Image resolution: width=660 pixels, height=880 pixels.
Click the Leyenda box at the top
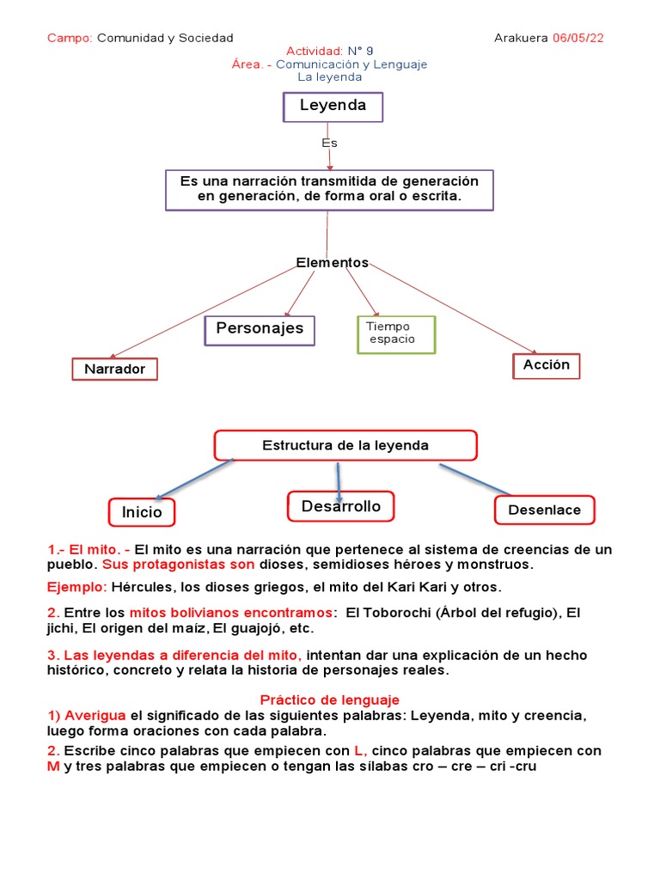[x=333, y=107]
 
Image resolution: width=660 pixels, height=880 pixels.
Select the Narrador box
[x=114, y=370]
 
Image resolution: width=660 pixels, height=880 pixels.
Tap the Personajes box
[x=260, y=329]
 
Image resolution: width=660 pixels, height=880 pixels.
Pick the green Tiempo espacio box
[x=396, y=333]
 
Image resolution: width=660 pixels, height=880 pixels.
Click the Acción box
[x=546, y=365]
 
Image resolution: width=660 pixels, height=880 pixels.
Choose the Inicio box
[x=142, y=512]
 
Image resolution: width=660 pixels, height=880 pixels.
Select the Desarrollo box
[x=340, y=507]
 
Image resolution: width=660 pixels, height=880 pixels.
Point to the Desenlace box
[x=544, y=510]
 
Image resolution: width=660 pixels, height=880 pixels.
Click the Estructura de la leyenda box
[x=345, y=445]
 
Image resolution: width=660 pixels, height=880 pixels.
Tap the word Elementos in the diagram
[x=332, y=263]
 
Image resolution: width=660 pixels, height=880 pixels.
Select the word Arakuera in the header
[x=522, y=38]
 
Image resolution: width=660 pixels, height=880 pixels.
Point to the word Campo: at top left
[x=70, y=38]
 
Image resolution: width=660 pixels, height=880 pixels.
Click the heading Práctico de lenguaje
[x=329, y=700]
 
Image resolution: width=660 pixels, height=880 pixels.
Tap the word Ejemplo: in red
[x=76, y=587]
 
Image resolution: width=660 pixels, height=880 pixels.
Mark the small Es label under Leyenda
[x=329, y=143]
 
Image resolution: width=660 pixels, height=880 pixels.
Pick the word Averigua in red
[x=95, y=716]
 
